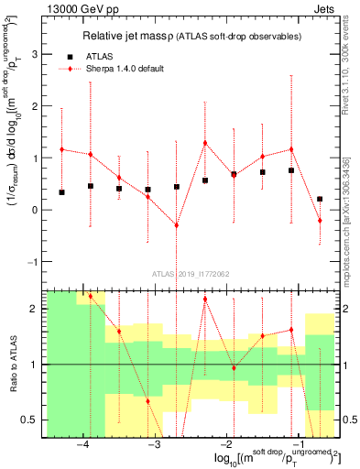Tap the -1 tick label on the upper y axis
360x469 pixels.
pyautogui.click(x=32, y=262)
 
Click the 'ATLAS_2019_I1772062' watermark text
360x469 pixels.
pyautogui.click(x=190, y=273)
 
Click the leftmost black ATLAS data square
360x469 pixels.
pyautogui.click(x=61, y=192)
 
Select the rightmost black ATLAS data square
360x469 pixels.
pyautogui.click(x=320, y=199)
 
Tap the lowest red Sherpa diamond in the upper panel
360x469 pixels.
pyautogui.click(x=176, y=225)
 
